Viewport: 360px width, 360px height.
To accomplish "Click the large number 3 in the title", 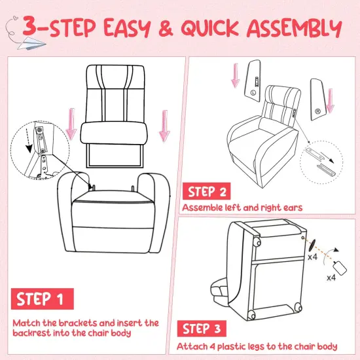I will tap(35, 28).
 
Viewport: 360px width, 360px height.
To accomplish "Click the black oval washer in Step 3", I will tap(312, 245).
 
